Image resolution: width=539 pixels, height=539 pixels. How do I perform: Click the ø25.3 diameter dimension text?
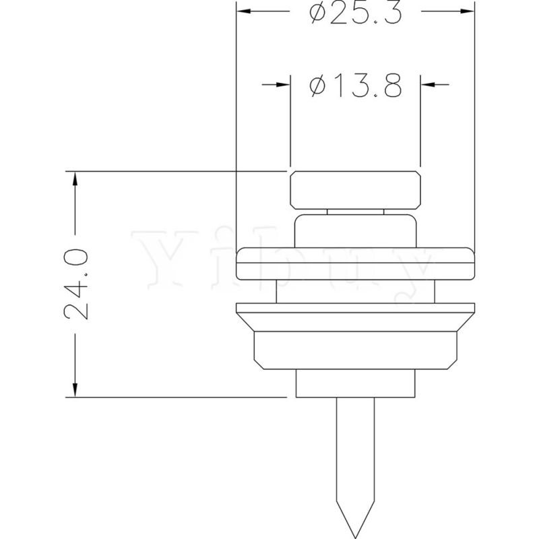pyautogui.click(x=356, y=12)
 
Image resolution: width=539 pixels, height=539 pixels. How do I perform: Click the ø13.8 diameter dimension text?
pyautogui.click(x=356, y=85)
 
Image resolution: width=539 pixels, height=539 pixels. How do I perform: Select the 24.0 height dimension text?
pyautogui.click(x=76, y=284)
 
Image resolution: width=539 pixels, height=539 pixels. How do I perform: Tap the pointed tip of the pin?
pyautogui.click(x=356, y=538)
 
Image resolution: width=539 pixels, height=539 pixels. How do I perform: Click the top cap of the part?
pyautogui.click(x=356, y=190)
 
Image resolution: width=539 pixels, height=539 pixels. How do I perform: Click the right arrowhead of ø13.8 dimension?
pyautogui.click(x=428, y=84)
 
